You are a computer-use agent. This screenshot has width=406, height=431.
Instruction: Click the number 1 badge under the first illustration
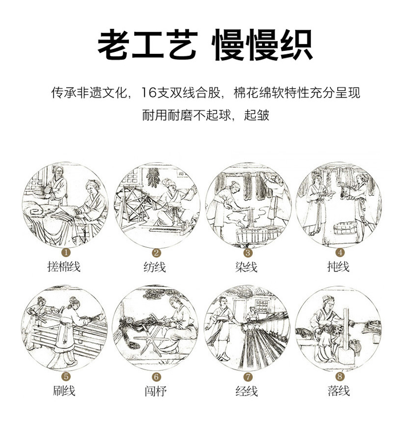(65, 252)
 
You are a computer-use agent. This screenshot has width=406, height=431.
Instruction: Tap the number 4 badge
(340, 252)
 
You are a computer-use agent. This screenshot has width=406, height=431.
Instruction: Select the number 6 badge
(156, 376)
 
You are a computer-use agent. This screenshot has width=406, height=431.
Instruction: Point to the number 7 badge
(248, 376)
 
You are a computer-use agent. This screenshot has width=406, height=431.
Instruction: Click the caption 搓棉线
(64, 267)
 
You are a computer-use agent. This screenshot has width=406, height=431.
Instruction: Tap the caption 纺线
(155, 267)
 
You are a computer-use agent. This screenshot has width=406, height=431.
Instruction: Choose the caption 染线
(246, 267)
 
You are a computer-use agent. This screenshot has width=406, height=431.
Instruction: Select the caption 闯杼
(156, 391)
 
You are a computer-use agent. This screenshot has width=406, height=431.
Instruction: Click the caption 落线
(339, 391)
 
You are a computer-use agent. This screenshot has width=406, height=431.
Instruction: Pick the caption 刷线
(64, 391)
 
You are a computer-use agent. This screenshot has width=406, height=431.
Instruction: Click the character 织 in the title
(297, 45)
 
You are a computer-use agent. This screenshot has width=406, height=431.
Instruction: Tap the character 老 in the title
(114, 45)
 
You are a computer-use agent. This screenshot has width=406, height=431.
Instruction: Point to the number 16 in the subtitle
(149, 93)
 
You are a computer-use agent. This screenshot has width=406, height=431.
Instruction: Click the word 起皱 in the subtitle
(256, 115)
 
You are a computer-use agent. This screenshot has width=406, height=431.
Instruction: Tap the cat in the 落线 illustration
(355, 347)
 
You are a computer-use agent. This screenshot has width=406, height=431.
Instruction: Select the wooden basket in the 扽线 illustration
(345, 228)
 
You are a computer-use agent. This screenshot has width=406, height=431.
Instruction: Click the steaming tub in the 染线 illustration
(252, 234)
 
